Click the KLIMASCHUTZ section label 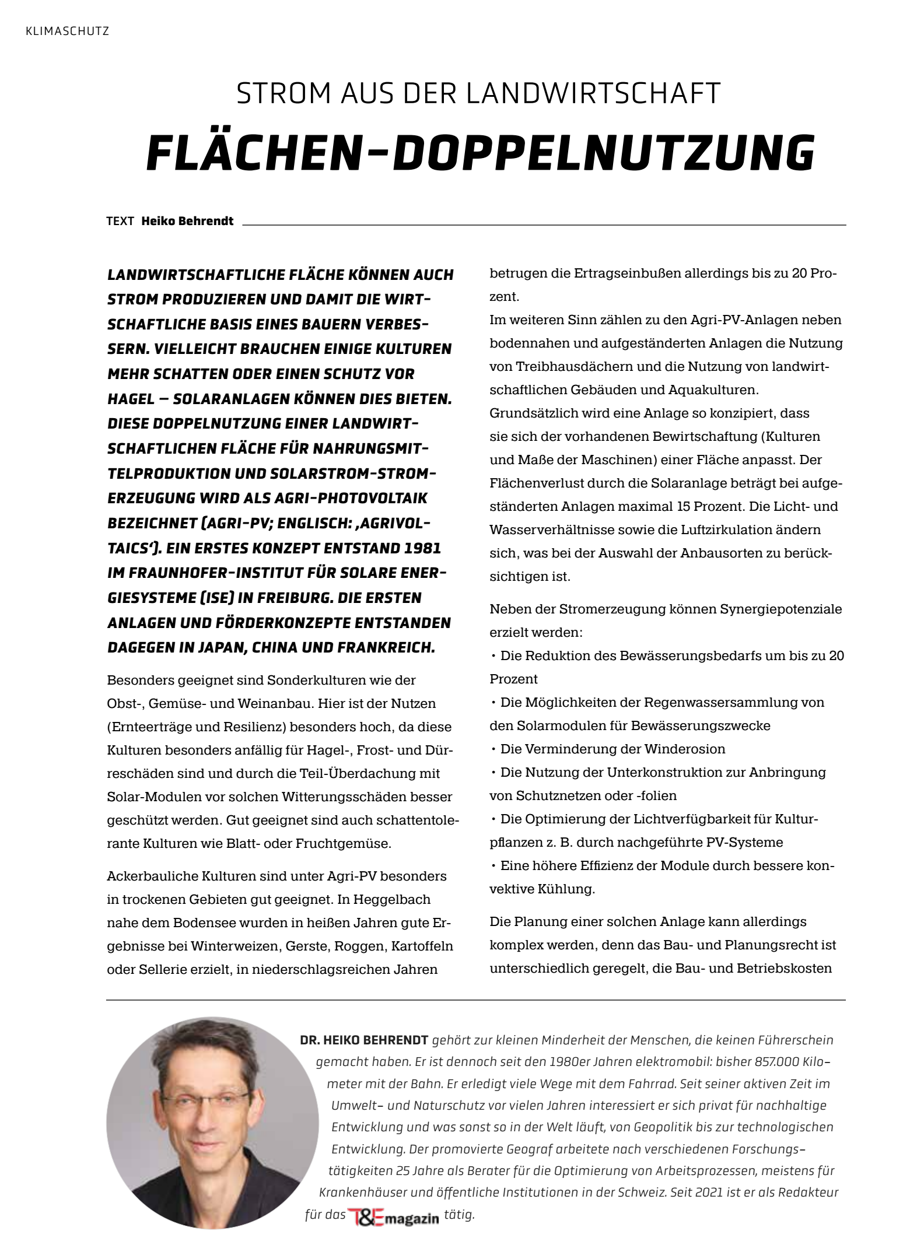68,31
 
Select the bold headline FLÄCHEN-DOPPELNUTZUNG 480,153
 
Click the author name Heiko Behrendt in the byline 187,221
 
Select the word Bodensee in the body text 200,923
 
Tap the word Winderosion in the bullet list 685,749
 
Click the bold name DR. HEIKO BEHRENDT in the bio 364,1040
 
